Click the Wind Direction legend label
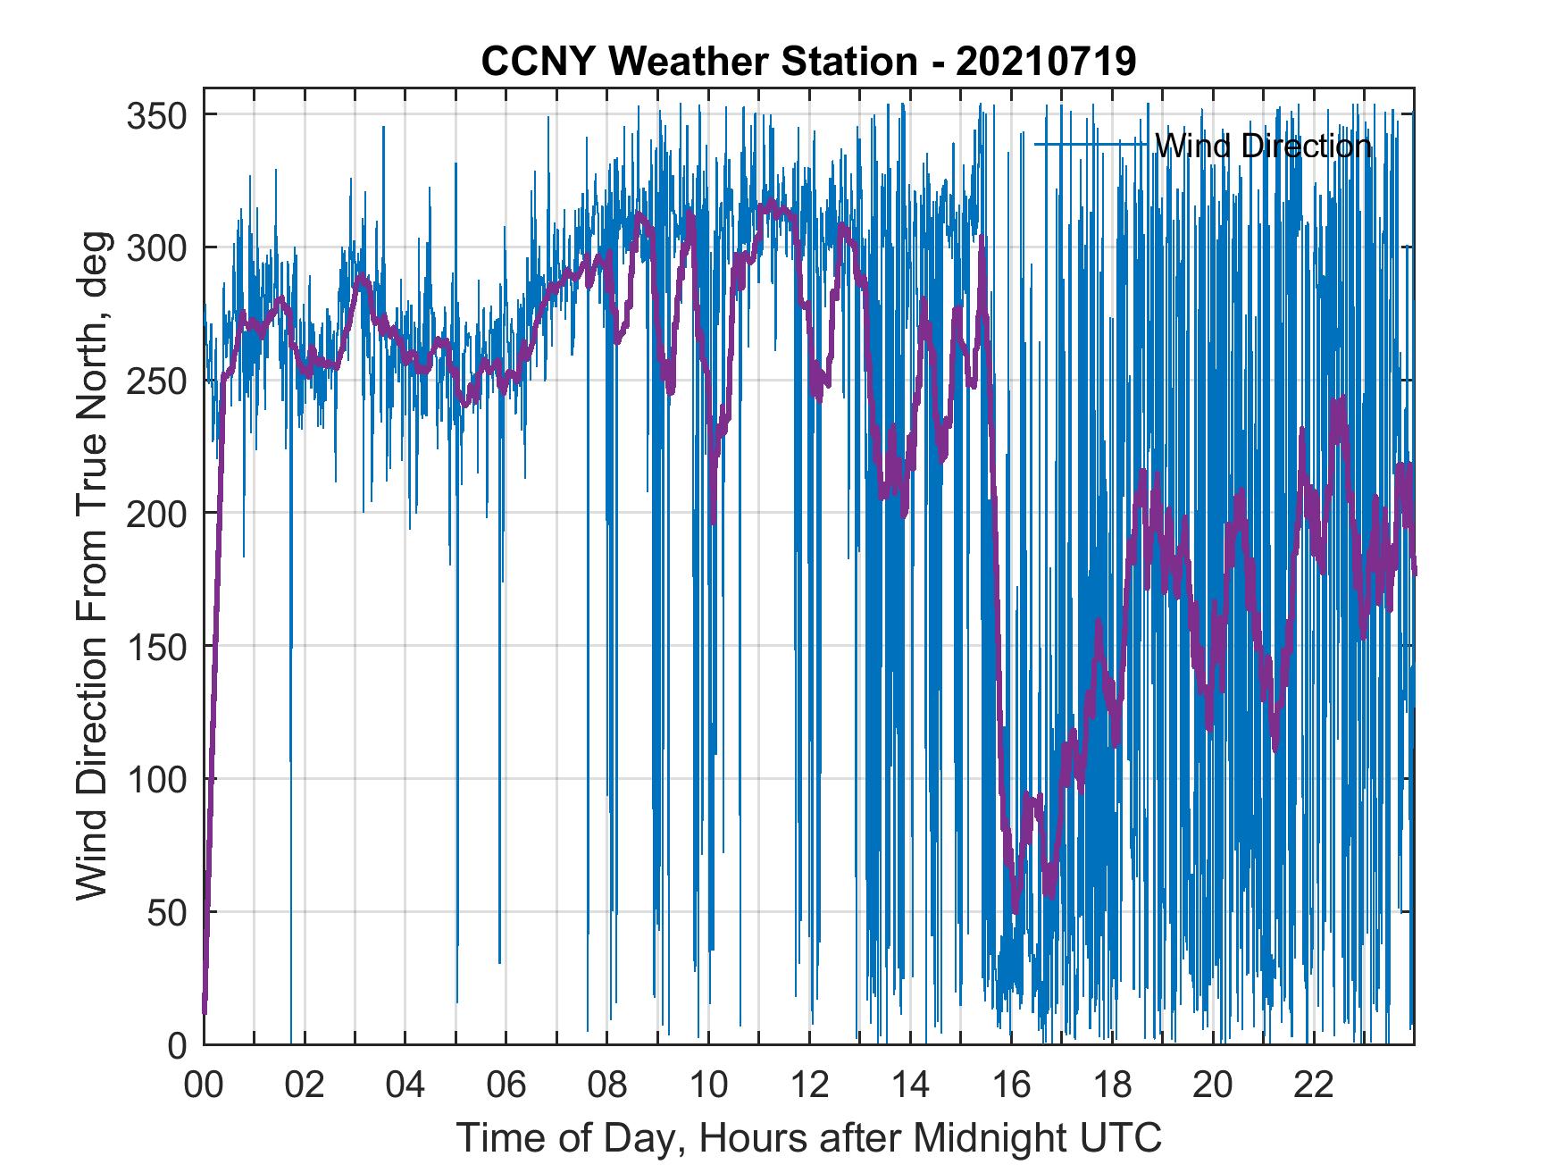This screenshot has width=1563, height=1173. click(x=1263, y=145)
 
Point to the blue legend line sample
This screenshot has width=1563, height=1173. click(x=1091, y=144)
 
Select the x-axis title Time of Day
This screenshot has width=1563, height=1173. click(x=809, y=1137)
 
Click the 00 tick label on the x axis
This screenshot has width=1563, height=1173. click(x=204, y=1087)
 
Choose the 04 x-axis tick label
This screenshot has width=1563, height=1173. click(x=405, y=1087)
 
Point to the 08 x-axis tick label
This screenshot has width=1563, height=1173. click(x=607, y=1087)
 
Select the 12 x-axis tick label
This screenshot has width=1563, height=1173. click(x=809, y=1087)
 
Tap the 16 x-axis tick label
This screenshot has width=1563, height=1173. click(x=1011, y=1087)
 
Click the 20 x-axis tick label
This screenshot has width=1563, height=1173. click(x=1213, y=1087)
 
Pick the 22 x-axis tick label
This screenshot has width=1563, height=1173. click(x=1314, y=1087)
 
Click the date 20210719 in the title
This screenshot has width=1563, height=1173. click(x=1046, y=62)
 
